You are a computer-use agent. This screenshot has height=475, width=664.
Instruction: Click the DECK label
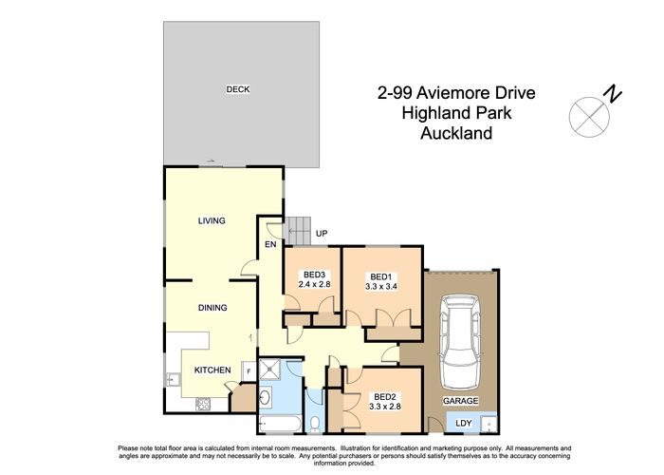pos(237,89)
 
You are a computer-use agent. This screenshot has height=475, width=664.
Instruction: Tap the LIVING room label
pos(212,221)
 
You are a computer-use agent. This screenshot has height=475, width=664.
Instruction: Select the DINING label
pos(212,308)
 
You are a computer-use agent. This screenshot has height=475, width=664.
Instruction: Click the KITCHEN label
pos(212,370)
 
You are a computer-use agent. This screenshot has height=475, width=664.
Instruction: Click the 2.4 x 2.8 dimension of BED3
pos(313,284)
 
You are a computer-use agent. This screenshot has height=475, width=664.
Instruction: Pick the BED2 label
pos(384,397)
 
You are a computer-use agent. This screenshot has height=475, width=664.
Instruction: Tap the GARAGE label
pos(460,401)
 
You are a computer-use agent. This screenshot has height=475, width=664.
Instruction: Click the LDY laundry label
pos(464,423)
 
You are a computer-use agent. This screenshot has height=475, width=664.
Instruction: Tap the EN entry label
pos(269,245)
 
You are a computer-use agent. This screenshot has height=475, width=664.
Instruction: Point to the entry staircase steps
pos(299,229)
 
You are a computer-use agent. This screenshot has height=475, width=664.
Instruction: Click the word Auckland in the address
pos(456,134)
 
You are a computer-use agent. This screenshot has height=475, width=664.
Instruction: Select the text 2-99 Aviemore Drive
pos(456,93)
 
